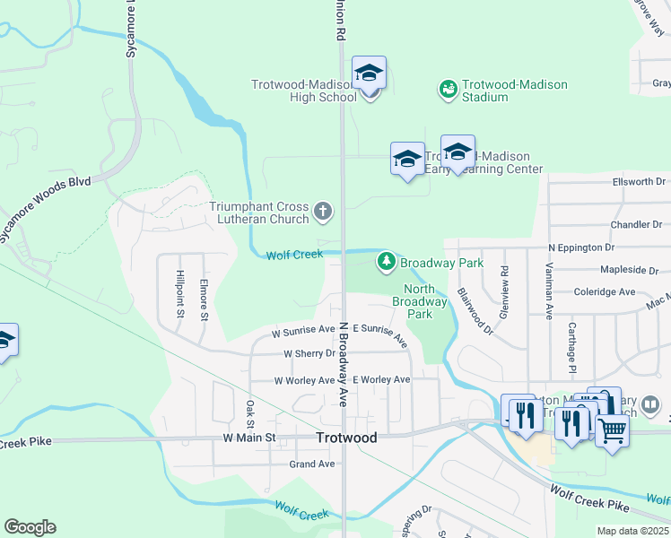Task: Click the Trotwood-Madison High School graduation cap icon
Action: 369,74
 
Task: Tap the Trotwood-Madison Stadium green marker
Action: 447,90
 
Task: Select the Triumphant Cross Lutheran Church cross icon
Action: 323,213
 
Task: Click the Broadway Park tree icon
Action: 387,262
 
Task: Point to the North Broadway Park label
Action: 419,301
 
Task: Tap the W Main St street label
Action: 248,438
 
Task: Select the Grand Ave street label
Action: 312,464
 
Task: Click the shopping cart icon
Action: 612,430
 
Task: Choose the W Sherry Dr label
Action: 309,353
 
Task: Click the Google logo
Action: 30,527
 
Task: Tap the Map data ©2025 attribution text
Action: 632,531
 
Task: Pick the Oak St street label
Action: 250,414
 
